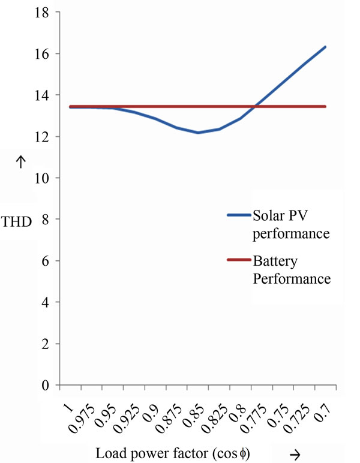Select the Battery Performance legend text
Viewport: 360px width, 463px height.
pyautogui.click(x=290, y=271)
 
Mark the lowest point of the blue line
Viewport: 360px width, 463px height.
pyautogui.click(x=198, y=133)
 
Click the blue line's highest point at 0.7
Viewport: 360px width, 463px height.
pyautogui.click(x=325, y=47)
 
